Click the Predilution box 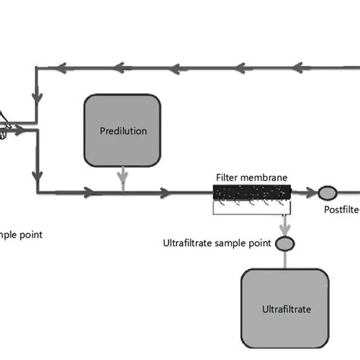[122, 130]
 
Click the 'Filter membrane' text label [251, 178]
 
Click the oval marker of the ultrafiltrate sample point [284, 244]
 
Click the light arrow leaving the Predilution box [122, 180]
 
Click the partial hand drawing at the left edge [4, 126]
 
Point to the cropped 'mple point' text [21, 235]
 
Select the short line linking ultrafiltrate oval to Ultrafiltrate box [284, 259]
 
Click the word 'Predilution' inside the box [122, 131]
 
